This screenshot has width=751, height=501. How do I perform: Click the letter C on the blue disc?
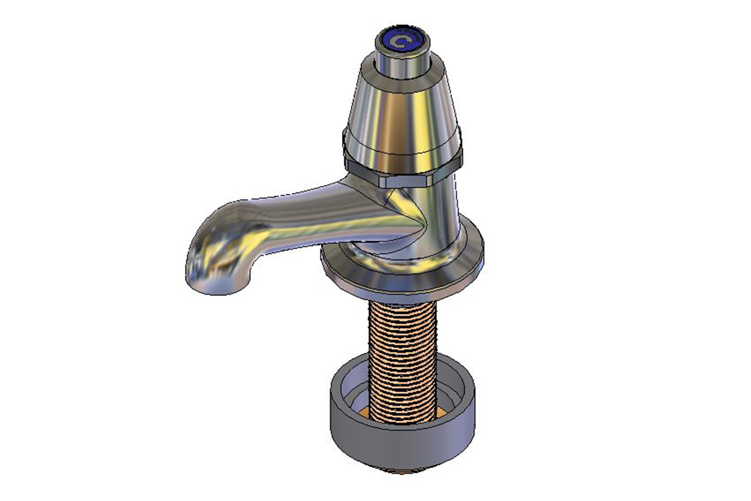pyautogui.click(x=398, y=42)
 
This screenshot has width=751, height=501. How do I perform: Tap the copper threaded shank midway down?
pyautogui.click(x=402, y=356)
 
